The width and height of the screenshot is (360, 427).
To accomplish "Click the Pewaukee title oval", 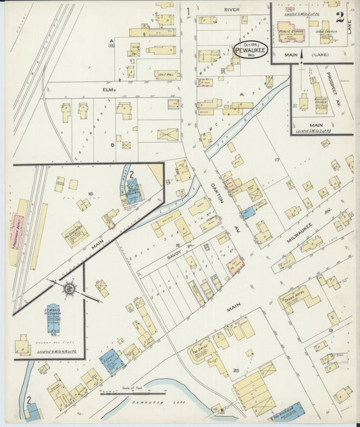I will pyautogui.click(x=252, y=51).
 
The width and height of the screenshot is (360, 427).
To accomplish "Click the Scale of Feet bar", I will pyautogui.click(x=127, y=393).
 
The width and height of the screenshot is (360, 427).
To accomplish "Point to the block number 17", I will pyautogui.click(x=276, y=159).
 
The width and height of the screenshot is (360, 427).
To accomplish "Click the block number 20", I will pyautogui.click(x=235, y=370).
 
